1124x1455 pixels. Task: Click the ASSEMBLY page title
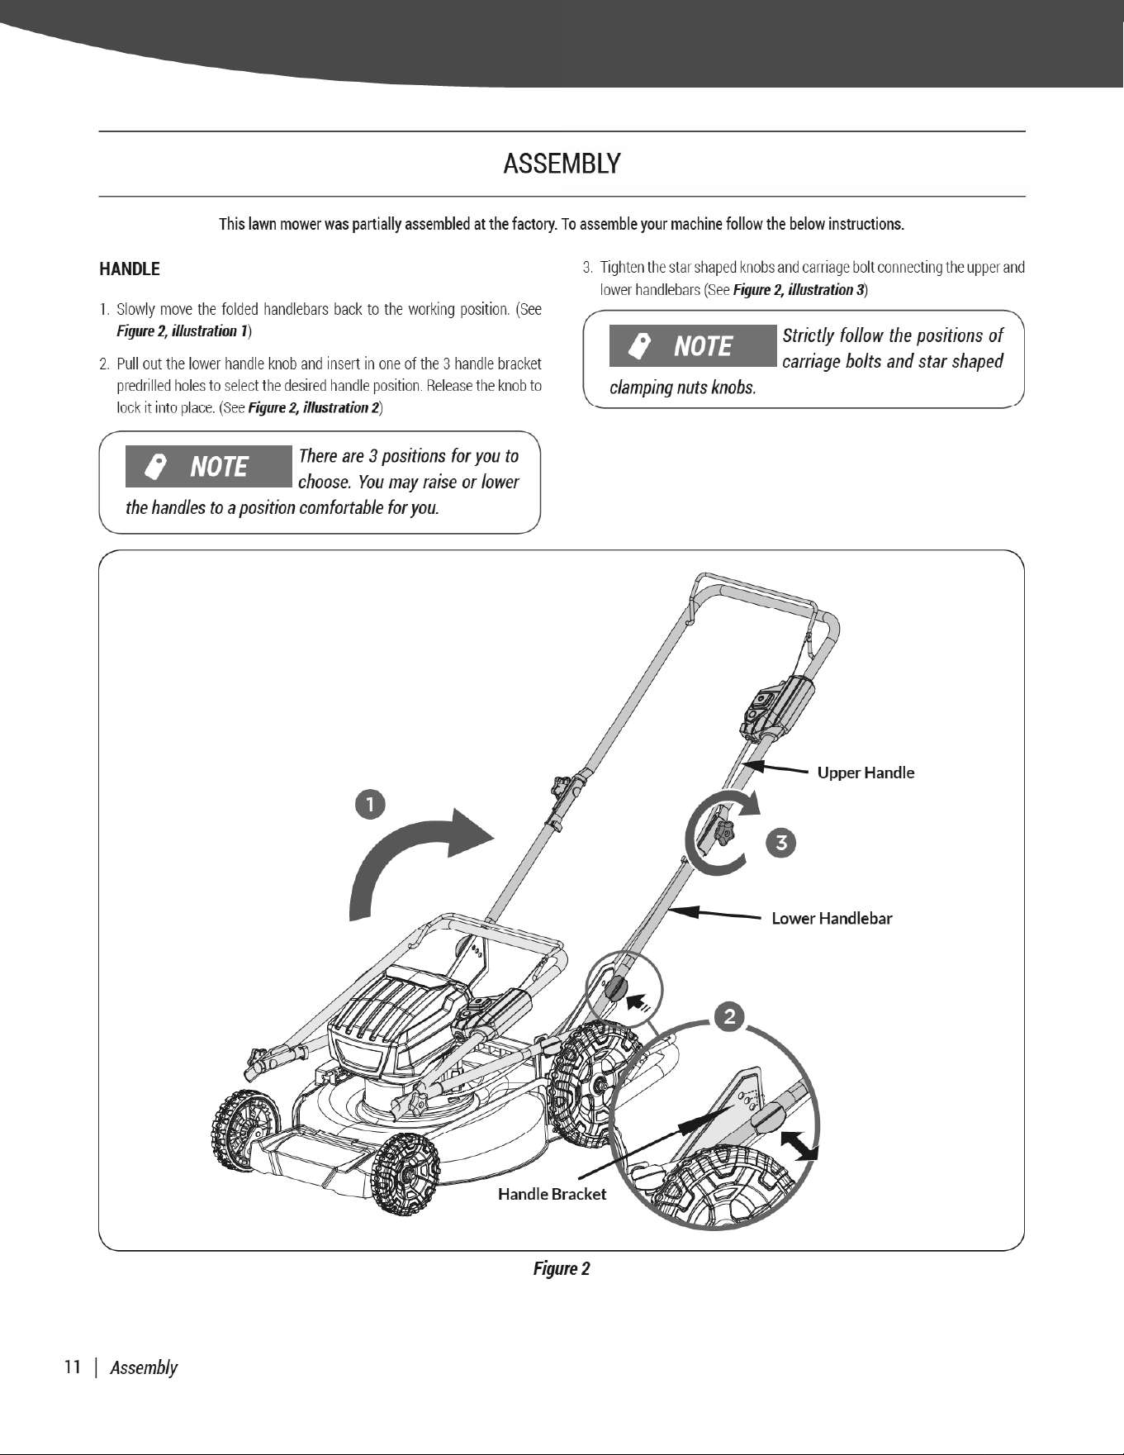(x=562, y=164)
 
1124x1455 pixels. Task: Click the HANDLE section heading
(x=130, y=269)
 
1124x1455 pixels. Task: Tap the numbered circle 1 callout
(x=371, y=804)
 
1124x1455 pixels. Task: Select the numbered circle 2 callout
(x=729, y=1015)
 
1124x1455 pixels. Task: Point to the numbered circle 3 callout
(x=781, y=843)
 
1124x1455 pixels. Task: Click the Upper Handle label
(x=866, y=773)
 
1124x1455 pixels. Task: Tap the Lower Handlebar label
(x=832, y=918)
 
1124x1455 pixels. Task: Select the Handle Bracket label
(x=552, y=1194)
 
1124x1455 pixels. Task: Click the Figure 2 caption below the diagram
(x=562, y=1268)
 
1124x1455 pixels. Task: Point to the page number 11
(x=73, y=1367)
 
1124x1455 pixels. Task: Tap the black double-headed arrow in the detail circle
(x=799, y=1146)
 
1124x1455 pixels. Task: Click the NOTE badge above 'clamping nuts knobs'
(x=693, y=345)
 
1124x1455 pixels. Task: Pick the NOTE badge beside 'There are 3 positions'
(x=209, y=466)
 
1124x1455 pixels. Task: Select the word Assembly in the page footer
(x=144, y=1367)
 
